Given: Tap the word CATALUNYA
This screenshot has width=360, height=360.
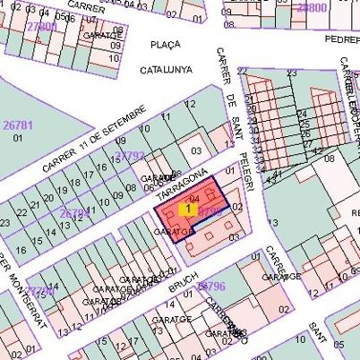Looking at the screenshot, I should [x=167, y=69].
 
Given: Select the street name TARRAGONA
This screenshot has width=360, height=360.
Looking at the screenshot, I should [x=182, y=184].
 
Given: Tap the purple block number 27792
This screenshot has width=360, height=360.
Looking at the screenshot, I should [x=129, y=157].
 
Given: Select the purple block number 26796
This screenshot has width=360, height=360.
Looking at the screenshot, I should [x=210, y=286].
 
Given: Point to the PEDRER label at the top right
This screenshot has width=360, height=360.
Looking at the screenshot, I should [x=341, y=39].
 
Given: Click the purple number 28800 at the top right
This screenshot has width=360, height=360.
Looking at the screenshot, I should [x=311, y=7].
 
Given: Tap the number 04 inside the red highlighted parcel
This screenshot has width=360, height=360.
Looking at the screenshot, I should [x=194, y=198].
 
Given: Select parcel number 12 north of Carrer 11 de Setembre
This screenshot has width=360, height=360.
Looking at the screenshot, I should [x=190, y=105].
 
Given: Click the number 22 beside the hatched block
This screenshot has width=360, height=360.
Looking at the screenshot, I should [x=242, y=71].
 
